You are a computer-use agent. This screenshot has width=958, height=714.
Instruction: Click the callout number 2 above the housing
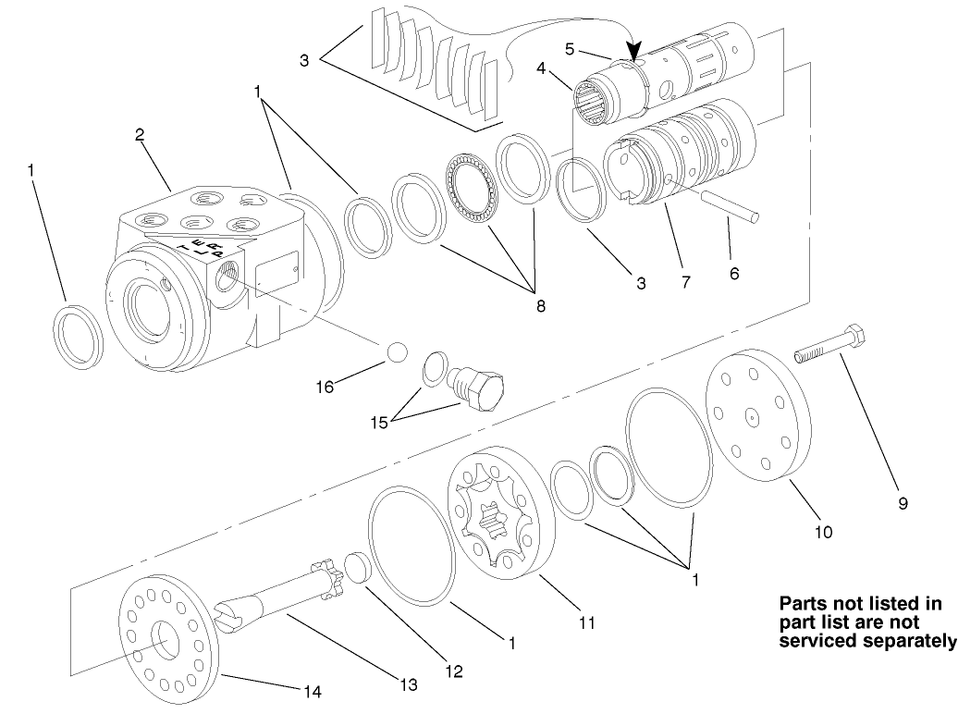coord(139,135)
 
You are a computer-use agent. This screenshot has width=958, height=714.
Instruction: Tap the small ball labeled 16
coord(397,352)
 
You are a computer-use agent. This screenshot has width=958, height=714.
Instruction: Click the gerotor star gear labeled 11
coord(498,518)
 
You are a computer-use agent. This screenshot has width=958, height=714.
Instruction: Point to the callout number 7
coord(685,282)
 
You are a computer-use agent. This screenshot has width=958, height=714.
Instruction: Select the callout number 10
coord(822,532)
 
